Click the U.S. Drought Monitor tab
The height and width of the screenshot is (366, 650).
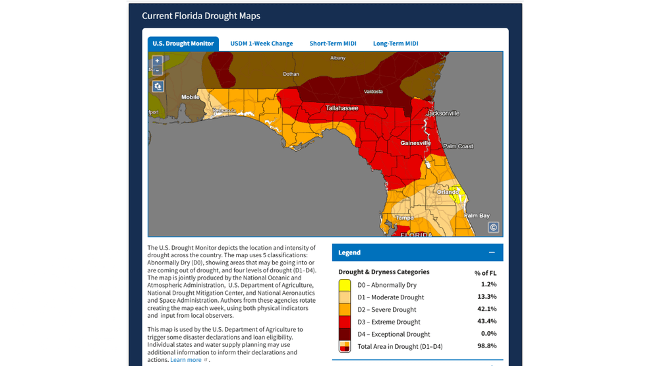[x=183, y=44]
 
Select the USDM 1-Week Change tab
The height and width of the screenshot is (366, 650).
[x=261, y=44]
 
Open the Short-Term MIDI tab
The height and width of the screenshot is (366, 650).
[x=333, y=44]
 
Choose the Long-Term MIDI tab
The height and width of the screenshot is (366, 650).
[x=396, y=44]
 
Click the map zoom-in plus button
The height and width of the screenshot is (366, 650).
[x=158, y=61]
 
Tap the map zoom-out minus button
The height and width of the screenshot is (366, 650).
[x=158, y=70]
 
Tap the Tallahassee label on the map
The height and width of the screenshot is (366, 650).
[x=341, y=108]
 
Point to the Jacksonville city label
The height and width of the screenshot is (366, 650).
[x=442, y=113]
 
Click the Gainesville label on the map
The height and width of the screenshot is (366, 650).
[x=415, y=143]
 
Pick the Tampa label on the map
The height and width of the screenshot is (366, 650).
[x=403, y=218]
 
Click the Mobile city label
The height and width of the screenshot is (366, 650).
[x=191, y=97]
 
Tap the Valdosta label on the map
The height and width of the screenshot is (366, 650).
[x=373, y=92]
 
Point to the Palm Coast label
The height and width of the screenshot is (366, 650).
[x=458, y=146]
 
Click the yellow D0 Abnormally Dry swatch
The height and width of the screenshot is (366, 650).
[x=344, y=285]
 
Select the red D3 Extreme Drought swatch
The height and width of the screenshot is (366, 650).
[x=344, y=322]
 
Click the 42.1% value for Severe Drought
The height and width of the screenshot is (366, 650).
[x=486, y=309]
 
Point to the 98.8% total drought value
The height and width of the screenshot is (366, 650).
[x=486, y=346]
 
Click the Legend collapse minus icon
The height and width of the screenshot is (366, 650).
[x=491, y=253]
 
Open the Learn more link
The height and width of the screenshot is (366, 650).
[x=186, y=360]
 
